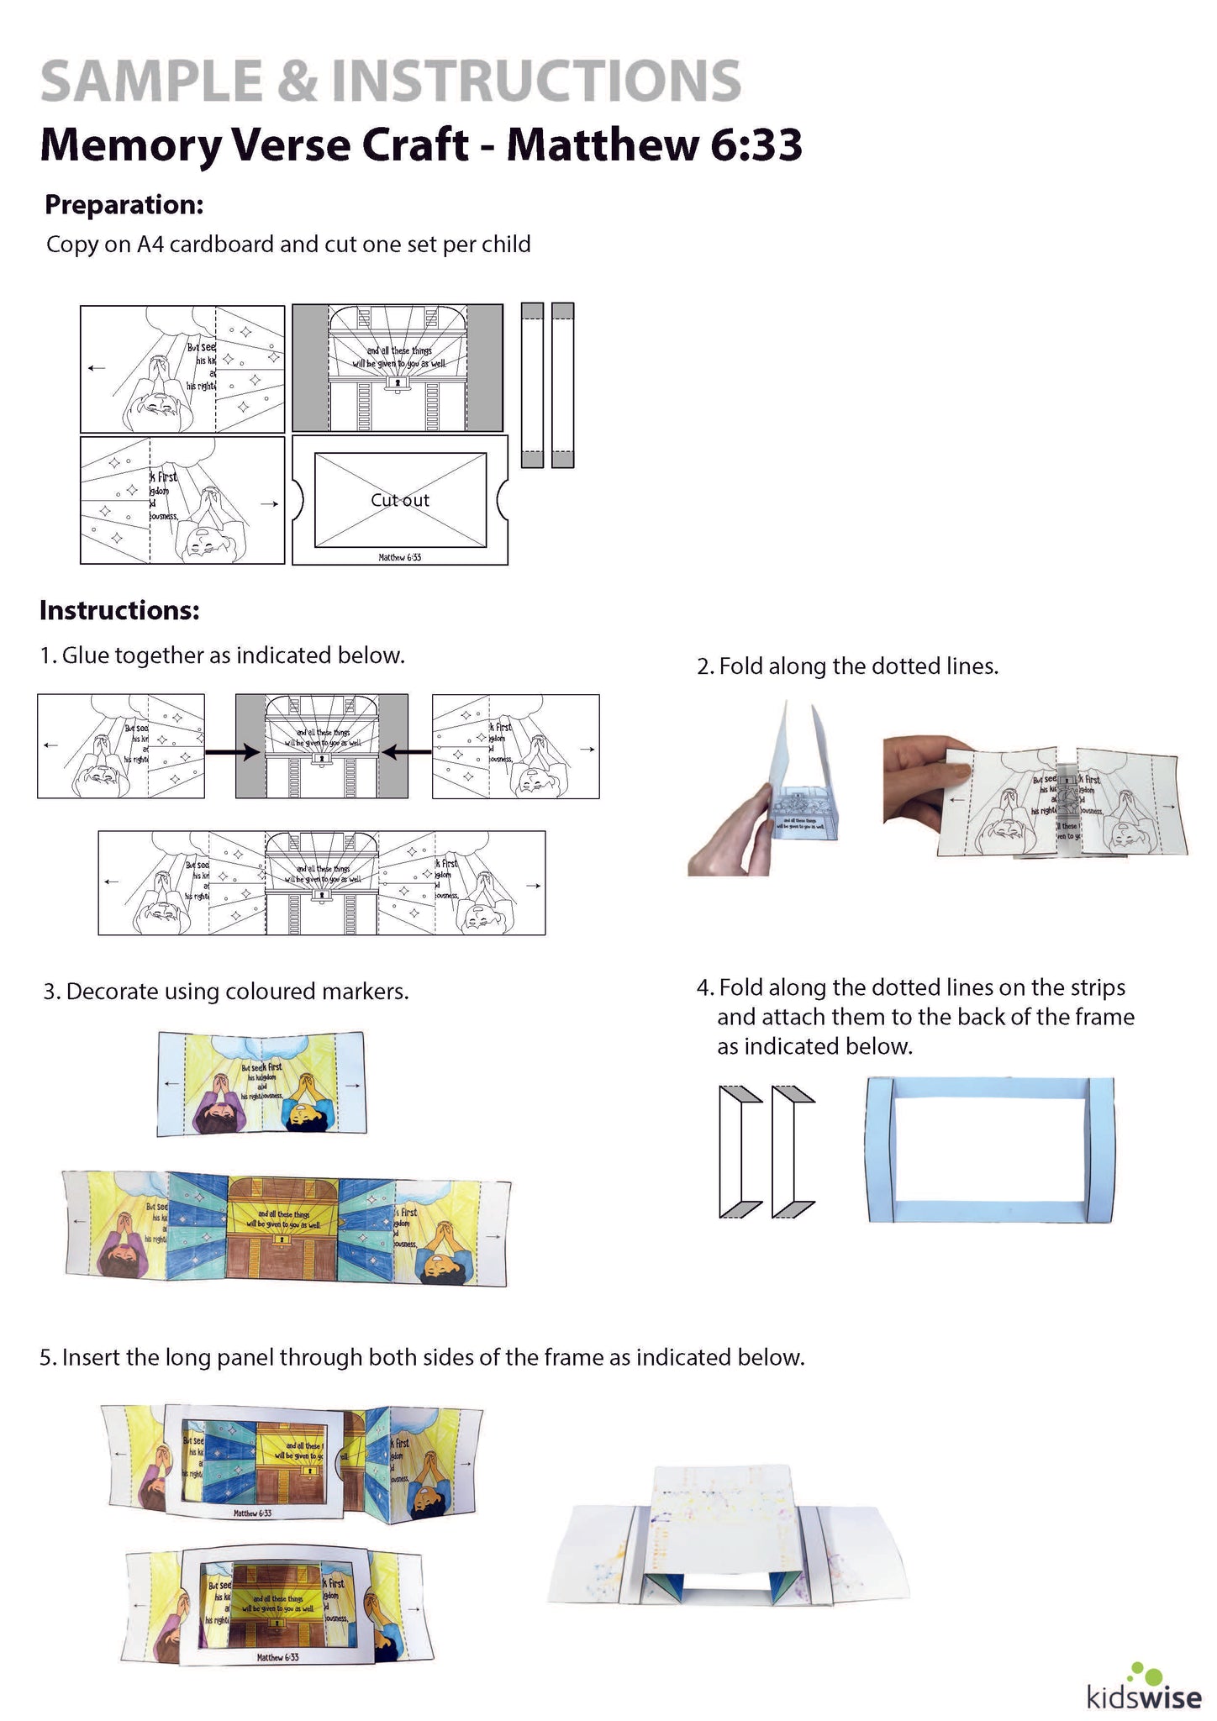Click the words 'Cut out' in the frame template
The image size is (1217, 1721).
tap(400, 500)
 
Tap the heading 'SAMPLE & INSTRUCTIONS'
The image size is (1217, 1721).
tap(391, 82)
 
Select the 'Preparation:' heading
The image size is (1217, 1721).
tap(124, 204)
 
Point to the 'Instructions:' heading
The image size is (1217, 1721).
tap(119, 610)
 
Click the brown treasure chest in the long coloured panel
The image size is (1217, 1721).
tap(284, 1226)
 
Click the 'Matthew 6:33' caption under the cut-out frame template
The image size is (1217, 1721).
tap(400, 557)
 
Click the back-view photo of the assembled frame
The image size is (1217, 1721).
tap(728, 1537)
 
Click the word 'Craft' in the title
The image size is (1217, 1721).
tap(415, 145)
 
